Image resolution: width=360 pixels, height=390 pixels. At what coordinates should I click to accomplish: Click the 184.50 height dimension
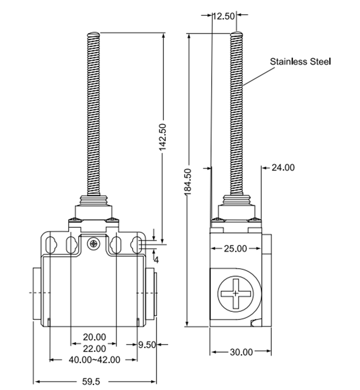pyautogui.click(x=188, y=181)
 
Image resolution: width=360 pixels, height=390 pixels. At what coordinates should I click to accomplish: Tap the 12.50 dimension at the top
pyautogui.click(x=224, y=16)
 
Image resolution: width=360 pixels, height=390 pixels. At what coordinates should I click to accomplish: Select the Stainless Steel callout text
pyautogui.click(x=300, y=61)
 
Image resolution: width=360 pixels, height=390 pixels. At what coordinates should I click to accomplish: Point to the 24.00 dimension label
pyautogui.click(x=283, y=167)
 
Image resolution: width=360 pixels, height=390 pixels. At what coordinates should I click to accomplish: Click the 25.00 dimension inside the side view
pyautogui.click(x=235, y=248)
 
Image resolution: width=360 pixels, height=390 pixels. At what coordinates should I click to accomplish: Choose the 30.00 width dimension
pyautogui.click(x=241, y=352)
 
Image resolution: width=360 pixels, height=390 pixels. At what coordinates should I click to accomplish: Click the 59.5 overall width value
pyautogui.click(x=91, y=382)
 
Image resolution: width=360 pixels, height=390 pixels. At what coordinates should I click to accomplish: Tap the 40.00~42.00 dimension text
pyautogui.click(x=94, y=359)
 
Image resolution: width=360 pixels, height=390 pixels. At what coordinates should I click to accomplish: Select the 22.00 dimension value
pyautogui.click(x=94, y=348)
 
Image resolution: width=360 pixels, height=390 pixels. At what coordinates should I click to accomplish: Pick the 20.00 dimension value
pyautogui.click(x=94, y=337)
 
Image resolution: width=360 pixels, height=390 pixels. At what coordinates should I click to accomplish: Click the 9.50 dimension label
pyautogui.click(x=147, y=345)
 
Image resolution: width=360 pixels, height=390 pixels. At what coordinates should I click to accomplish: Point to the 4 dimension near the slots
pyautogui.click(x=156, y=259)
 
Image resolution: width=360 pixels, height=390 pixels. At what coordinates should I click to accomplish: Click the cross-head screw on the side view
pyautogui.click(x=235, y=293)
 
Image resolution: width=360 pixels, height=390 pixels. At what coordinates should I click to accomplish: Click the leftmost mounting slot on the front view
pyautogui.click(x=51, y=245)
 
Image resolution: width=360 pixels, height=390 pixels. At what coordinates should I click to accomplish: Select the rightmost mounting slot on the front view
pyautogui.click(x=137, y=245)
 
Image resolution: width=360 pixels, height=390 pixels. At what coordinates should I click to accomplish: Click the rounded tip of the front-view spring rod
pyautogui.click(x=93, y=34)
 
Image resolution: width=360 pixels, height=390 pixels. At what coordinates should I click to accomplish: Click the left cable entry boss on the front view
pyautogui.click(x=36, y=293)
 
